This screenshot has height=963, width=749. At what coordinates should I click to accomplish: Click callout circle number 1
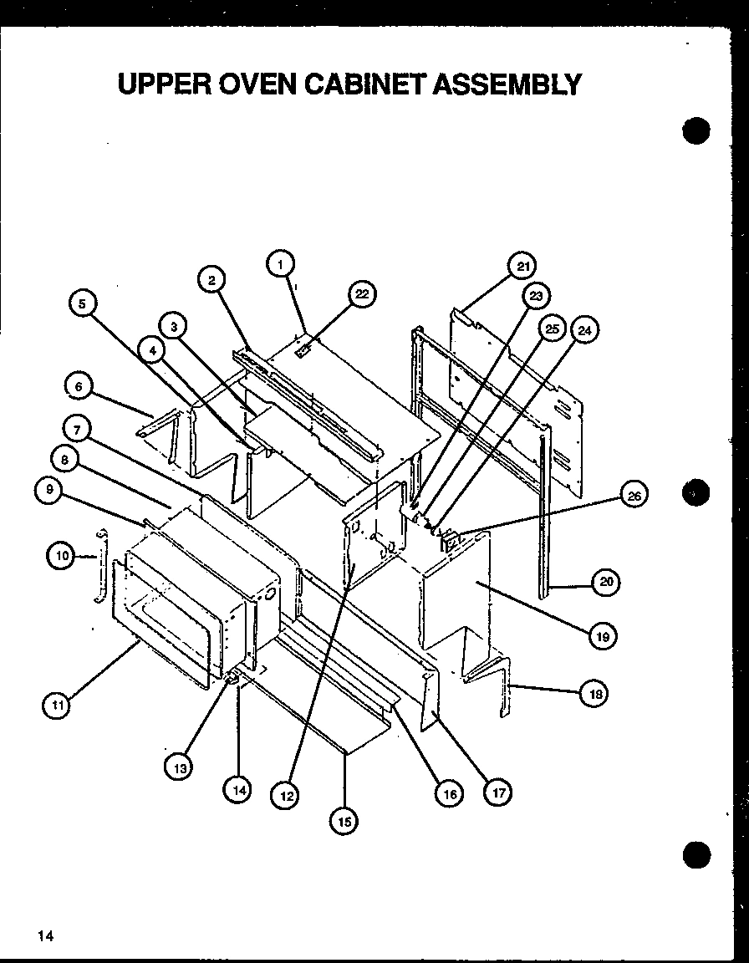281,264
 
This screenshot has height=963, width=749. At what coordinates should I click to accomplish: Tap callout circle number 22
361,293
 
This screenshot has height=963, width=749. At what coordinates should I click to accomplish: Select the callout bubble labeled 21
522,267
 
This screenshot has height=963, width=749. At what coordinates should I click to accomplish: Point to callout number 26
634,496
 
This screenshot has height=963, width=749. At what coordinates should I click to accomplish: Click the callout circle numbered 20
604,582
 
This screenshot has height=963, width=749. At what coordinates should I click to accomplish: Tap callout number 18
594,693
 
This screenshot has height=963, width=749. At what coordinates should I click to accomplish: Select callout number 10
61,554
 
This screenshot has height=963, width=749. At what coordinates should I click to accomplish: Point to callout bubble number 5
82,304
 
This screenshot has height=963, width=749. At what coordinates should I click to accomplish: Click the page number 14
44,935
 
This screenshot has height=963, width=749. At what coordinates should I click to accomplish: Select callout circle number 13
178,767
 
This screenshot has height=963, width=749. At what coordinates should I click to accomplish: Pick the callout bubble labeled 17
497,792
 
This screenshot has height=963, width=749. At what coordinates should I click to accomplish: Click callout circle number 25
552,329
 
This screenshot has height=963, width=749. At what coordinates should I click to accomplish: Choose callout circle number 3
173,327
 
